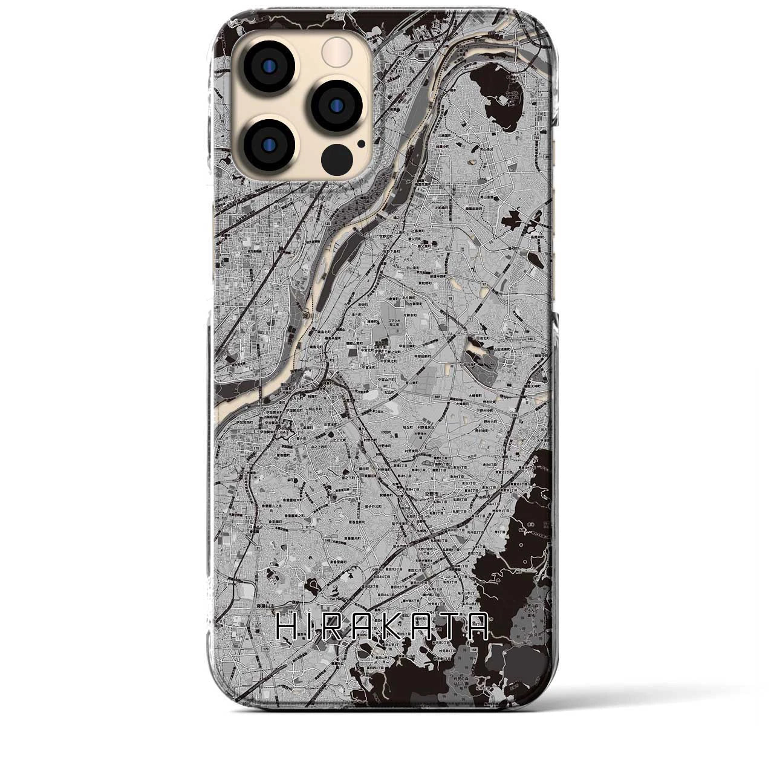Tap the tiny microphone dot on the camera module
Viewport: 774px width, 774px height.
click(x=361, y=144)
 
